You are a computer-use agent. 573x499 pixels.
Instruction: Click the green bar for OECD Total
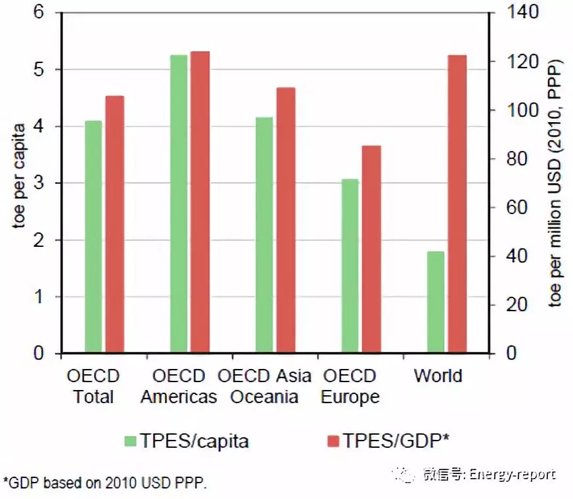coord(93,237)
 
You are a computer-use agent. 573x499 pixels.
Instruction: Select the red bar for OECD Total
coord(115,225)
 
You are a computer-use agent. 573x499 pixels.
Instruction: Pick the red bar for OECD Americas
coord(200,202)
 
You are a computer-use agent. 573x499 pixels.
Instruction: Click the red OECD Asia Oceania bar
coord(286,221)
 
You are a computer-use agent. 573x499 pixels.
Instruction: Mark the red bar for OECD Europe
coord(371,249)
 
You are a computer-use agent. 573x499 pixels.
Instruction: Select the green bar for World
coord(436,302)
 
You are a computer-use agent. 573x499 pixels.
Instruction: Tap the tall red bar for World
coord(457,204)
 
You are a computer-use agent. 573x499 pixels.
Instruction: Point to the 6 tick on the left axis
coord(40,12)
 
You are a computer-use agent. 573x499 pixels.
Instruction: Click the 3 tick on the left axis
coord(40,183)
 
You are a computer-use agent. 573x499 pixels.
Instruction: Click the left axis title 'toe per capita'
coord(19,175)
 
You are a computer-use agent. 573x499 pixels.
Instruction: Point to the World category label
coord(438,376)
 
